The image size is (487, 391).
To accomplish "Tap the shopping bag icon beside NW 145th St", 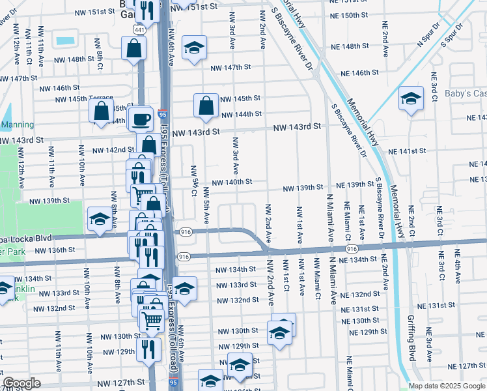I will point(206,106).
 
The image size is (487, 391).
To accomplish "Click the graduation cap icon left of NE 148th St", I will point(194,48).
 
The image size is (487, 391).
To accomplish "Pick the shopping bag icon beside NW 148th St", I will point(133,48).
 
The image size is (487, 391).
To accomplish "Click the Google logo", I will point(21,383).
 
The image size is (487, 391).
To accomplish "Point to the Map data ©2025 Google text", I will point(447,386).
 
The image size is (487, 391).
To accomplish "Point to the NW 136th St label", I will point(58,250).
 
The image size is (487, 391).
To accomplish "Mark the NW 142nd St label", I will point(113,150).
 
